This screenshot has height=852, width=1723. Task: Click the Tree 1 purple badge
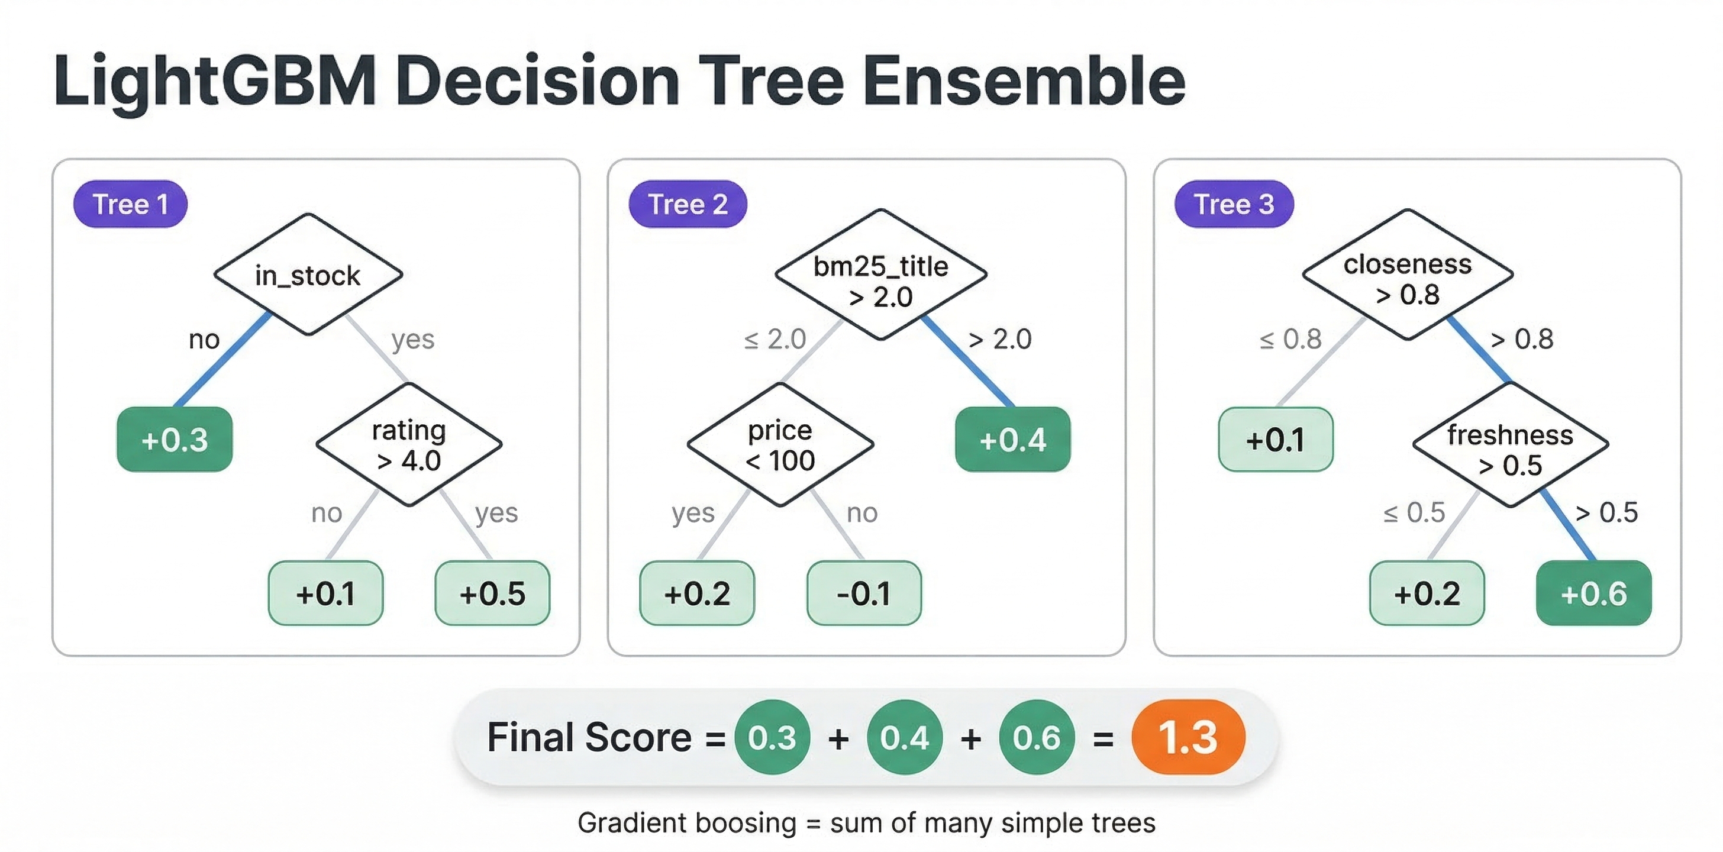[130, 204]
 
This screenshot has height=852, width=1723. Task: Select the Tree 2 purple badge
[688, 204]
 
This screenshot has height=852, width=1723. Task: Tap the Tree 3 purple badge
[1234, 204]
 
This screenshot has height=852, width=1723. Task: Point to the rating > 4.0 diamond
[409, 445]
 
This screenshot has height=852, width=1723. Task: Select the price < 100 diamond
[780, 445]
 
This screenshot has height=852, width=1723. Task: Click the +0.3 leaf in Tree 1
[175, 440]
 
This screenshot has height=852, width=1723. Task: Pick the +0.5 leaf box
[492, 593]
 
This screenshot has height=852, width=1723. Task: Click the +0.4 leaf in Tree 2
[1012, 440]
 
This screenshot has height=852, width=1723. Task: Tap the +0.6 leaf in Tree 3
[1593, 593]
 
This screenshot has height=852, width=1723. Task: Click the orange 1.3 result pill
[1188, 737]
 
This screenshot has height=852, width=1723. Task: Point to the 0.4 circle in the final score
[904, 737]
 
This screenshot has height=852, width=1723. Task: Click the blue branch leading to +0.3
[222, 360]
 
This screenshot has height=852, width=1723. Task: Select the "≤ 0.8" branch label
[1290, 339]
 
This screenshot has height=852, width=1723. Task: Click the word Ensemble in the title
[1024, 82]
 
